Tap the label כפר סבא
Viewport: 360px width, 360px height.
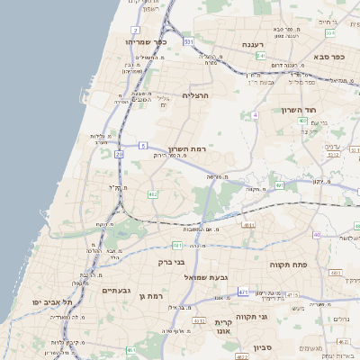[x=332, y=57]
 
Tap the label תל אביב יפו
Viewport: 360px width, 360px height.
[x=52, y=302]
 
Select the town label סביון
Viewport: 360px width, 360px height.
[x=263, y=346]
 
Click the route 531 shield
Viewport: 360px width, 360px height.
[x=189, y=42]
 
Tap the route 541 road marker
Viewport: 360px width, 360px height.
[x=260, y=56]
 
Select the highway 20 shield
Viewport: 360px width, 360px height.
[x=119, y=154]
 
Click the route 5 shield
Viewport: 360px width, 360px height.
[x=143, y=145]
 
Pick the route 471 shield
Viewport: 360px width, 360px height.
[x=243, y=292]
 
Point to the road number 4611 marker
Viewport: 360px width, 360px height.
[x=247, y=225]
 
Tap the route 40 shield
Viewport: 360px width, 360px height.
[x=317, y=236]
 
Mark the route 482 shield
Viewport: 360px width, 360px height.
[x=153, y=193]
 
